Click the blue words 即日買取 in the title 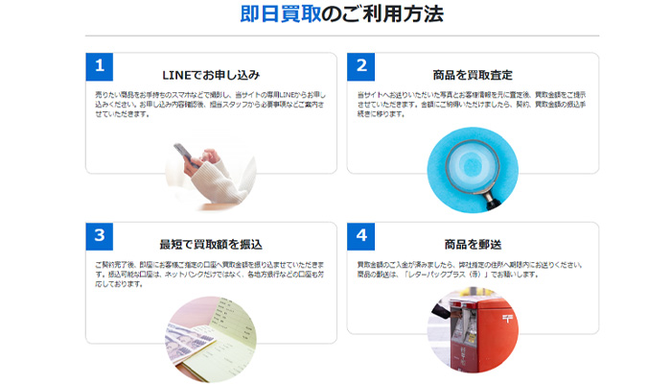(280, 14)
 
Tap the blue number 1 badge (99, 66)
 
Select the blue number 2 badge (360, 66)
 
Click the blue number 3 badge (99, 235)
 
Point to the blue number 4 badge (360, 235)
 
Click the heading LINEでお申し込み (210, 74)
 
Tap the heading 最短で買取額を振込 (210, 244)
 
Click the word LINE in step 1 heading (180, 74)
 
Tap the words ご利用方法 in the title (382, 14)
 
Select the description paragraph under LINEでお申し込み (210, 104)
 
